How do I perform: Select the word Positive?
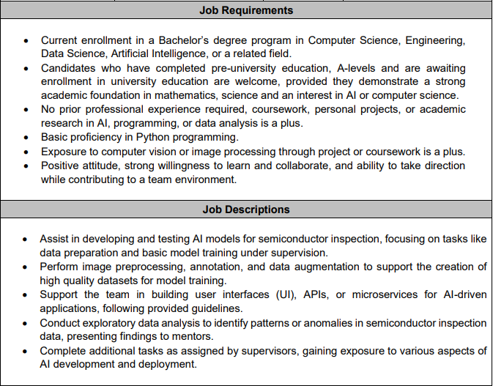click(62, 166)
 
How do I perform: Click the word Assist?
click(56, 239)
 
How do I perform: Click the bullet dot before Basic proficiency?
click(26, 138)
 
